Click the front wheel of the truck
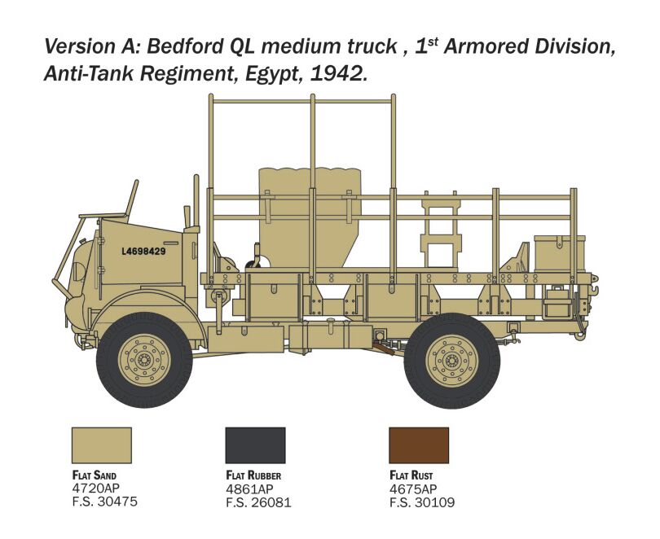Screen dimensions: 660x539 pyautogui.click(x=144, y=360)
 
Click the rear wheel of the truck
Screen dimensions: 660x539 pyautogui.click(x=452, y=361)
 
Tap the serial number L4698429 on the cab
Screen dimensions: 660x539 pyautogui.click(x=143, y=252)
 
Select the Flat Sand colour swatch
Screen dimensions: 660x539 pyautogui.click(x=102, y=445)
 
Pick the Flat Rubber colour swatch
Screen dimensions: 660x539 pyautogui.click(x=256, y=445)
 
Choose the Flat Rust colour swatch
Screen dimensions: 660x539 pyautogui.click(x=419, y=445)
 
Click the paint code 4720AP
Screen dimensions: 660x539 pyautogui.click(x=96, y=489)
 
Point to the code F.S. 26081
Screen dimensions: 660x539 pyautogui.click(x=258, y=502)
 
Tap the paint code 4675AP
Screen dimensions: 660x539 pyautogui.click(x=413, y=489)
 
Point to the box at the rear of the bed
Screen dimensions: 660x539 pyautogui.click(x=560, y=253)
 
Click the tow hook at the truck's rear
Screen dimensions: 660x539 pyautogui.click(x=593, y=290)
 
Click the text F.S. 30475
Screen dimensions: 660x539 pyautogui.click(x=105, y=502)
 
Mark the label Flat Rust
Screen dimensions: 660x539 pyautogui.click(x=411, y=475)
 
